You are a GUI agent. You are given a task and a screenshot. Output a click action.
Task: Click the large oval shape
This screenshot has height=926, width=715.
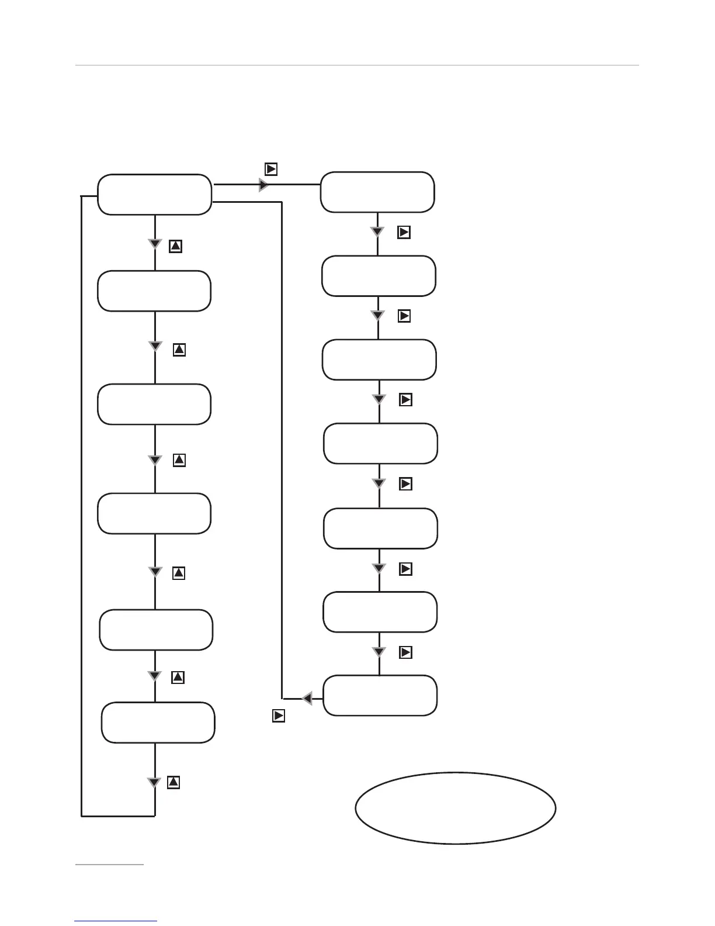(456, 807)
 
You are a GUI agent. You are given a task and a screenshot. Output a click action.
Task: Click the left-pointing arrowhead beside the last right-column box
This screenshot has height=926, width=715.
(307, 698)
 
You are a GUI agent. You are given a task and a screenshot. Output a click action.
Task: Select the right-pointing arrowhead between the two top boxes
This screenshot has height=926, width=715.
(263, 185)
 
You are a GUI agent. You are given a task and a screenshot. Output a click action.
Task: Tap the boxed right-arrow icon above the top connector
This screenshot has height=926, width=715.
(271, 170)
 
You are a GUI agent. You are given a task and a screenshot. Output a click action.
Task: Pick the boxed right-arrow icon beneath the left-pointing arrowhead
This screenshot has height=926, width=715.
(279, 716)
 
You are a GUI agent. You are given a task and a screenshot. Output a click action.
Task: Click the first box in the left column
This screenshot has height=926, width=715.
(154, 195)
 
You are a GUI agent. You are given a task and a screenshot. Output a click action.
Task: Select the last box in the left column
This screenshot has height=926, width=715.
(158, 723)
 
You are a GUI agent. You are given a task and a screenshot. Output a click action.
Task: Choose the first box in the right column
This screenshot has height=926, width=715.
(377, 192)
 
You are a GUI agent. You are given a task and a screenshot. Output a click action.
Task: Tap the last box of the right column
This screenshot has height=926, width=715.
(380, 696)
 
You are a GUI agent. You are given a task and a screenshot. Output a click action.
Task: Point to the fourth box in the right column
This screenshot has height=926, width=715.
(380, 444)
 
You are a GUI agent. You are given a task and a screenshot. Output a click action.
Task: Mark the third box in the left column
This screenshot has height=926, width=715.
(154, 405)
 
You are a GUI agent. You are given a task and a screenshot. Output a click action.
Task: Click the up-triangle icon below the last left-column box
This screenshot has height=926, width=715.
(173, 782)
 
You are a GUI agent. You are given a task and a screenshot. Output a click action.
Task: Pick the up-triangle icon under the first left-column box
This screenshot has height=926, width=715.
(175, 246)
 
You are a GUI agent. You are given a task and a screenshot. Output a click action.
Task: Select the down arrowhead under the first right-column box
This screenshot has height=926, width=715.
(377, 232)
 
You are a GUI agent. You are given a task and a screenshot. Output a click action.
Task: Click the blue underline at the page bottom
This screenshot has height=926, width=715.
(116, 921)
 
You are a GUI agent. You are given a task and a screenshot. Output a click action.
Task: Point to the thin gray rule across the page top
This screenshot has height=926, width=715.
(357, 65)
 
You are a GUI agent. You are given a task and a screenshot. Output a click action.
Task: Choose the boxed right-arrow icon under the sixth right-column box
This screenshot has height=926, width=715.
(406, 652)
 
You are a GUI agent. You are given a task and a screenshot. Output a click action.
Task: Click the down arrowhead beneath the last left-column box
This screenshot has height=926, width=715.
(154, 783)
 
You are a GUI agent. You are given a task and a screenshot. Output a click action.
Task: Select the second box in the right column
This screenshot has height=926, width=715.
(379, 276)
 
